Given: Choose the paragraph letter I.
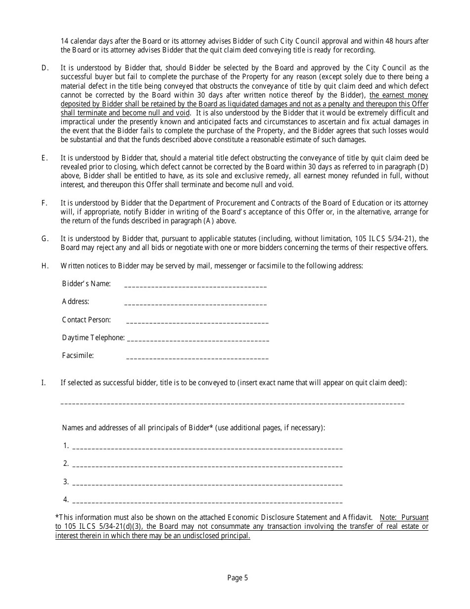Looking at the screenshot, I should point(44,382).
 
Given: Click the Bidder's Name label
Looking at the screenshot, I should point(86,284).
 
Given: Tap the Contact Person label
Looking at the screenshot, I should point(86,320).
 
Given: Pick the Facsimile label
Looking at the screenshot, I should point(78,355).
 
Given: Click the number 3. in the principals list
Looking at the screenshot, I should point(66,482).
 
